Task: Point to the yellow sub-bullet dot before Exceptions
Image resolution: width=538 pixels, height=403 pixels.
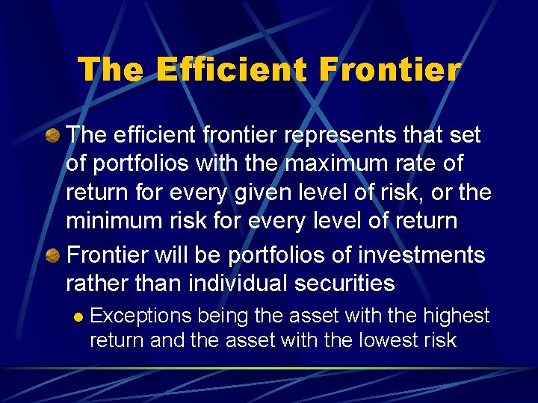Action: pyautogui.click(x=77, y=316)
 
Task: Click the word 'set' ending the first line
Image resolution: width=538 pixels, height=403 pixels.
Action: pyautogui.click(x=465, y=135)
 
